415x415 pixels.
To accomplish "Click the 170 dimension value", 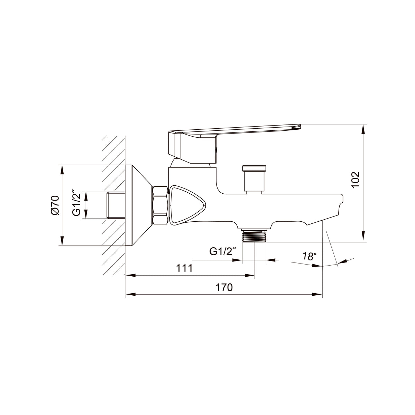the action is (x=224, y=287).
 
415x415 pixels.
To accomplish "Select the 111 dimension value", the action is (x=185, y=268).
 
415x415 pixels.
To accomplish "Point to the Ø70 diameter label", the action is (x=55, y=205).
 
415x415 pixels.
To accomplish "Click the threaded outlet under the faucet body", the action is (x=254, y=236).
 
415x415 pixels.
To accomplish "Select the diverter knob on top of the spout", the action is (x=254, y=178).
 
